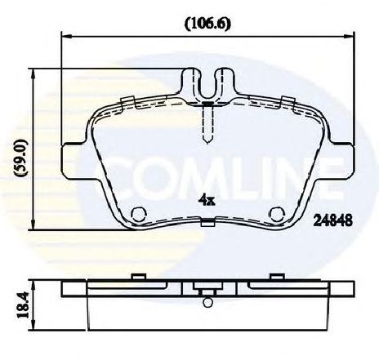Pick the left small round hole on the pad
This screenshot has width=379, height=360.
tap(140, 216)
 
